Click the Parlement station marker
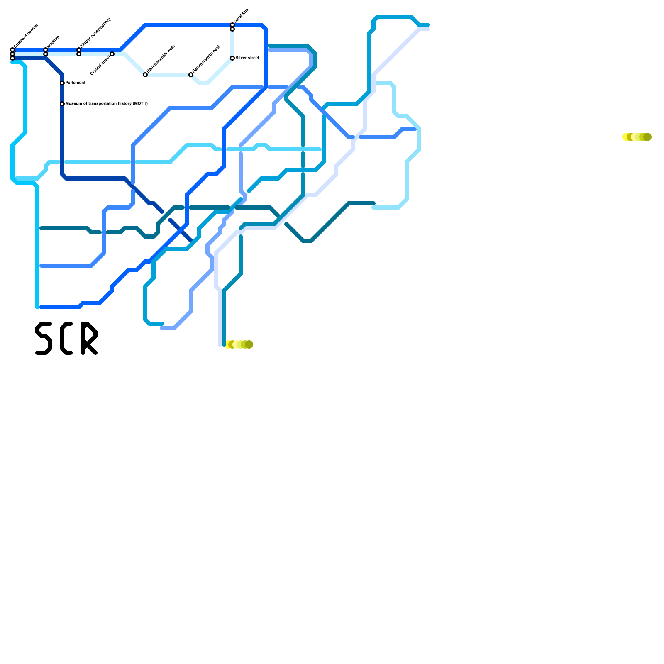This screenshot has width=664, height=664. pyautogui.click(x=62, y=83)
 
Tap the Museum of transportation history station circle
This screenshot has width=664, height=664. pyautogui.click(x=62, y=104)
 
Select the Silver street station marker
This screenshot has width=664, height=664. pyautogui.click(x=232, y=58)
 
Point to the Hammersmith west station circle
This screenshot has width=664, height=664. pyautogui.click(x=145, y=75)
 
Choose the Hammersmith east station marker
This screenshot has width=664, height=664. pyautogui.click(x=191, y=75)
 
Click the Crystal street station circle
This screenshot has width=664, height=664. pyautogui.click(x=112, y=54)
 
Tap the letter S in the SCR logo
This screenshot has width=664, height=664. pyautogui.click(x=44, y=338)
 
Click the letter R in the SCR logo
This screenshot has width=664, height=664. pyautogui.click(x=89, y=338)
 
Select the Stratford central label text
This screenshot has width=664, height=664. pyautogui.click(x=26, y=36)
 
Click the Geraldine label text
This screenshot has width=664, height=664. pyautogui.click(x=241, y=16)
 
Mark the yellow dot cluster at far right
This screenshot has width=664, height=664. pyautogui.click(x=637, y=137)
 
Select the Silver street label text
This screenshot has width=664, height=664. pyautogui.click(x=247, y=58)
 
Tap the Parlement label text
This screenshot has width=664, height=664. pyautogui.click(x=76, y=83)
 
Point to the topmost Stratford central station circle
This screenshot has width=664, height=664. pyautogui.click(x=12, y=50)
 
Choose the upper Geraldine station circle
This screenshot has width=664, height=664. pyautogui.click(x=232, y=25)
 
